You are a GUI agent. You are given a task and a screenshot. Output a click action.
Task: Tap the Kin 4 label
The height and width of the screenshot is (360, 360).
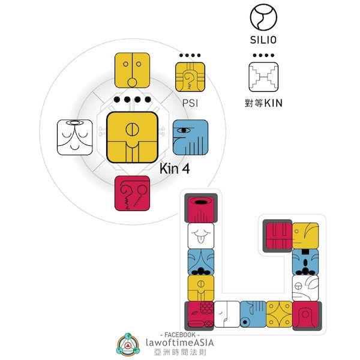[x=175, y=169]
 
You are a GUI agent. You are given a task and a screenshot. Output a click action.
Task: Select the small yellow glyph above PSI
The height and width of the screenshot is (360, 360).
[x=190, y=77]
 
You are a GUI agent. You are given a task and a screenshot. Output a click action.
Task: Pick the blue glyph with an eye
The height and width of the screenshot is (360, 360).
[x=190, y=137]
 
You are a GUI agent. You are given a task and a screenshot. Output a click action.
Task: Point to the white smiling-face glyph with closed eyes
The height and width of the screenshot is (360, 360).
[x=75, y=137]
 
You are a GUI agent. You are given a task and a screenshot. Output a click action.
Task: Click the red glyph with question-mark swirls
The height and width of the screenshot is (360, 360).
[x=132, y=193]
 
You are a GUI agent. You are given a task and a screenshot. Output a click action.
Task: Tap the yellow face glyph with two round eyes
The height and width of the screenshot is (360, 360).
[x=132, y=70]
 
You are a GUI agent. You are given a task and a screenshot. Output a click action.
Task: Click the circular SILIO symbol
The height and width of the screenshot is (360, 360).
[x=264, y=17]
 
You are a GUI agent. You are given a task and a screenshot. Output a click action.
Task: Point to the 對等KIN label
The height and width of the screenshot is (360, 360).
[x=264, y=103]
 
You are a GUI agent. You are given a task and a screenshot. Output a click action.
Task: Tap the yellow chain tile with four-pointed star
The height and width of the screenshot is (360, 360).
[x=279, y=314]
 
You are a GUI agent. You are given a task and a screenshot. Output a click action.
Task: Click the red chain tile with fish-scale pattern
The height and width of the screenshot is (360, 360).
[x=200, y=313]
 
